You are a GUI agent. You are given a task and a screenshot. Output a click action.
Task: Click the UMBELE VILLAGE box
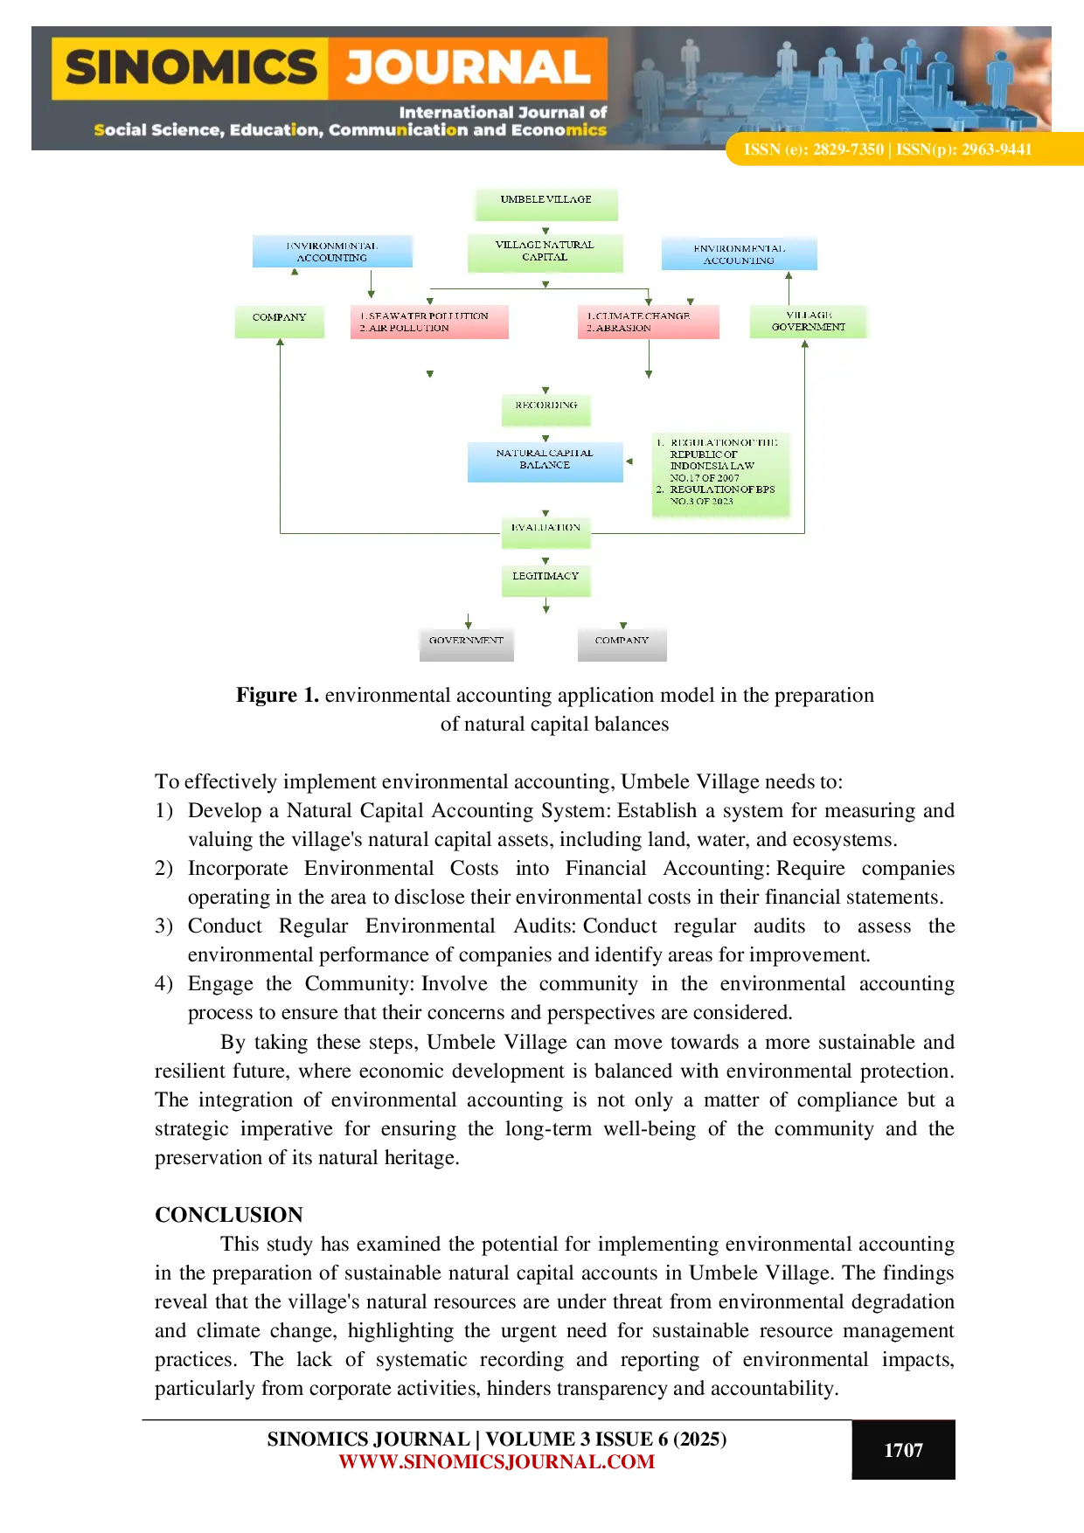546,203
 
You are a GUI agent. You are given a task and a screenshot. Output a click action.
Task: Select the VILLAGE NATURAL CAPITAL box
545,252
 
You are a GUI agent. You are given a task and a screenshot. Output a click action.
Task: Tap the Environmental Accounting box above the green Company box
332,252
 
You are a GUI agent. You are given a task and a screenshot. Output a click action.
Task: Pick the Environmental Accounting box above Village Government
739,254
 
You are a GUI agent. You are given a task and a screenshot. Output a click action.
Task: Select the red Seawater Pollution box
428,322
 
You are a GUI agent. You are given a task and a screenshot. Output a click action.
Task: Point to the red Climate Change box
648,322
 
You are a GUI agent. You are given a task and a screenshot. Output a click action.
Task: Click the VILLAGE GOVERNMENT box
809,321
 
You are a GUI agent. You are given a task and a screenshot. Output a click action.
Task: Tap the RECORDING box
546,407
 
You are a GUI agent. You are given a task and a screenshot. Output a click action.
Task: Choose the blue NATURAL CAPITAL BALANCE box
545,461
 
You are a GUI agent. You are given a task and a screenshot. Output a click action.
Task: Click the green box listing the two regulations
721,473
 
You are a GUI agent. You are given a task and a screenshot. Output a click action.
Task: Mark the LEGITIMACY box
546,579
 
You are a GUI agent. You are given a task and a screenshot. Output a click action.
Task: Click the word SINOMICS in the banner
191,68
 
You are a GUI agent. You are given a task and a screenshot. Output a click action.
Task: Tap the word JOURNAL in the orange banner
468,68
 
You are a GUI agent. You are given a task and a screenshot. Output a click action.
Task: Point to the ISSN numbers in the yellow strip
887,149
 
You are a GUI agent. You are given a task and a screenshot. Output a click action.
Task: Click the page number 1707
903,1451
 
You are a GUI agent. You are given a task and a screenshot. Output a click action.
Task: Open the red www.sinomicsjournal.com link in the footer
497,1462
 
